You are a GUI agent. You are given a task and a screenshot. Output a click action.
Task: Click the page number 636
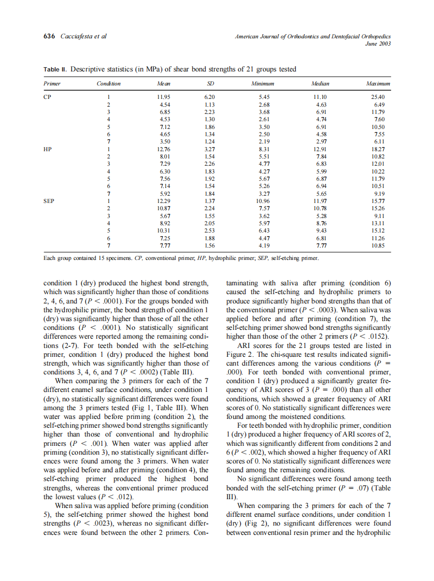[50, 36]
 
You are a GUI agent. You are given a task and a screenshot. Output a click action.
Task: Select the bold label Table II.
[55, 69]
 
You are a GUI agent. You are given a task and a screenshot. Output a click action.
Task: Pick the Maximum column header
[378, 83]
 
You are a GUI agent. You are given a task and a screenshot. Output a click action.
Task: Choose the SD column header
[210, 83]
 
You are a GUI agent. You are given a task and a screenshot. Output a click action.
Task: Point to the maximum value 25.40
[378, 97]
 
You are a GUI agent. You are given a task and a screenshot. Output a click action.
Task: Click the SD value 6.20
[210, 97]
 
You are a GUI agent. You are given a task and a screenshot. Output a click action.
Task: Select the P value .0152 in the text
[377, 335]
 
